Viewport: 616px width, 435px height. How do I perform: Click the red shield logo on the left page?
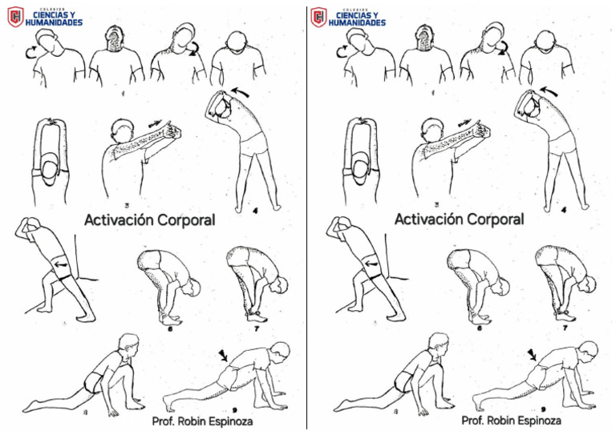click(14, 17)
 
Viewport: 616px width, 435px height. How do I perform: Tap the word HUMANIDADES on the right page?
click(359, 22)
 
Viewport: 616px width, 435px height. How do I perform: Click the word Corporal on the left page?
click(180, 220)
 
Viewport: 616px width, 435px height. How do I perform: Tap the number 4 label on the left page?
click(254, 211)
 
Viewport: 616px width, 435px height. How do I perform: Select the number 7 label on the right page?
click(565, 327)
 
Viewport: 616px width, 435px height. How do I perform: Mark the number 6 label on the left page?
click(170, 327)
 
